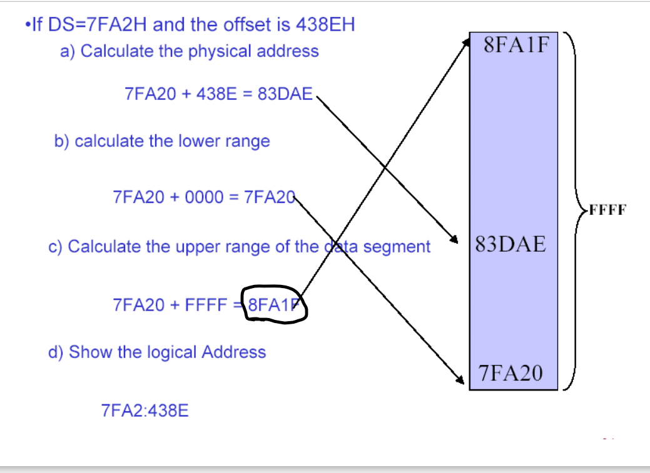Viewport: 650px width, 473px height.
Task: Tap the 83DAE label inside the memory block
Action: pyautogui.click(x=510, y=244)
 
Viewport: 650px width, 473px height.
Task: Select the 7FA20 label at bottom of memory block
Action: pyautogui.click(x=511, y=373)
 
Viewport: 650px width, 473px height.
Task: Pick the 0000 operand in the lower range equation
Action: pyautogui.click(x=203, y=197)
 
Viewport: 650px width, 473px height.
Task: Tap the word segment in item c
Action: pyautogui.click(x=397, y=247)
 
